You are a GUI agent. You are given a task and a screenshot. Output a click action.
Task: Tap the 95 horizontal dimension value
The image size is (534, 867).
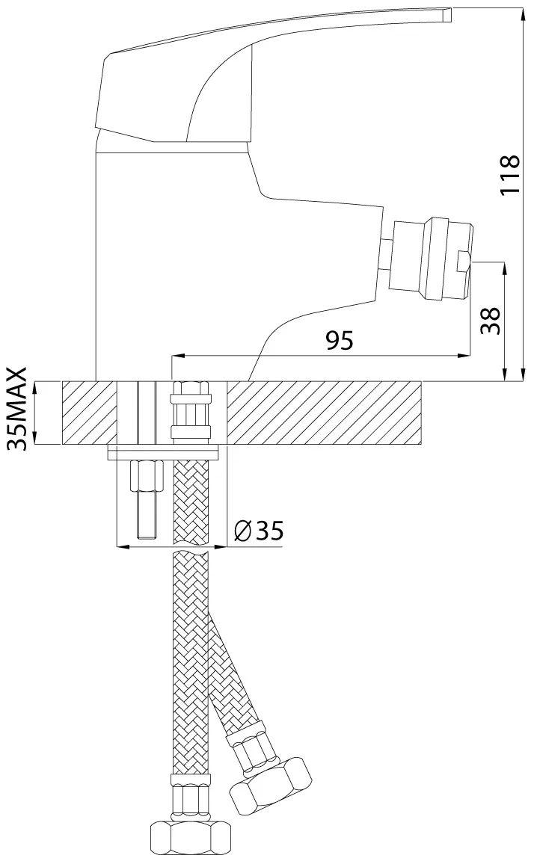(339, 341)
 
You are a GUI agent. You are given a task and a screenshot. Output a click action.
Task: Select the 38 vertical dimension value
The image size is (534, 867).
(490, 320)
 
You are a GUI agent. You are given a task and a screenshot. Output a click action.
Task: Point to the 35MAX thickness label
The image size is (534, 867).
(18, 409)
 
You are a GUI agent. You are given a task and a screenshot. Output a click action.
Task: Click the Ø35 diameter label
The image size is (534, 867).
(259, 531)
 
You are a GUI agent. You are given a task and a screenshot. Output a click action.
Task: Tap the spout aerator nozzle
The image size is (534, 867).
(429, 260)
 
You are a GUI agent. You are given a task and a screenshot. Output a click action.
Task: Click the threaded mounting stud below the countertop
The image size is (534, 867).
(146, 500)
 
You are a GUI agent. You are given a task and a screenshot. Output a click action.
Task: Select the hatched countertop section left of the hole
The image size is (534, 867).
(90, 413)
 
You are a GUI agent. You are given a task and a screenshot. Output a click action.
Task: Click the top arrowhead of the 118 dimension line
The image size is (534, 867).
(523, 12)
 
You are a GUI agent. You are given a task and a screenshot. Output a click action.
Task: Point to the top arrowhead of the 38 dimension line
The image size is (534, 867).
(506, 269)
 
